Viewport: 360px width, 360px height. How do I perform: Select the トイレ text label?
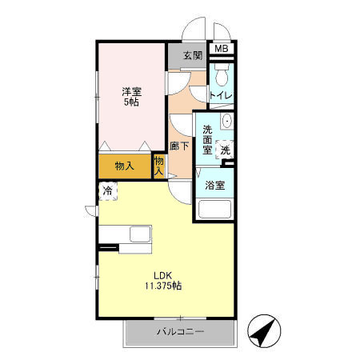[221, 96]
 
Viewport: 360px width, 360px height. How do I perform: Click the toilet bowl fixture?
[221, 77]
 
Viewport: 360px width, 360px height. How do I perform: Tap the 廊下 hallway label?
[180, 146]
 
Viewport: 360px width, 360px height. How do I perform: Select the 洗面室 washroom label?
[208, 140]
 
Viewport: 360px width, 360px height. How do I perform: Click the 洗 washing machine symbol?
[226, 149]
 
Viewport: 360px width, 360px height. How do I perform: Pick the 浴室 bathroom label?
[214, 186]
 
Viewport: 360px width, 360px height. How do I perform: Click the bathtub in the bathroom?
[214, 210]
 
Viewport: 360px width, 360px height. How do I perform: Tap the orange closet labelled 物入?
[124, 166]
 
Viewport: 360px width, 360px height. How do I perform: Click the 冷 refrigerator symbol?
[106, 191]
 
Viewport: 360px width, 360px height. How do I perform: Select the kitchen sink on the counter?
[139, 236]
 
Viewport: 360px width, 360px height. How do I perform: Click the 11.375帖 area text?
[163, 286]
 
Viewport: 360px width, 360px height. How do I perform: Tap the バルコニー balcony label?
[179, 332]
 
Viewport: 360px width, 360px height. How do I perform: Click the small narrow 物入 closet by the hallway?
[158, 166]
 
